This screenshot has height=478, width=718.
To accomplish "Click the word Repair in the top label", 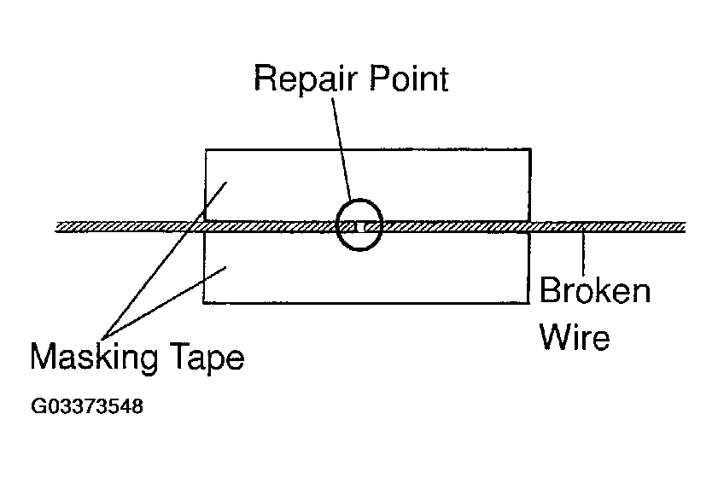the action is pyautogui.click(x=305, y=79).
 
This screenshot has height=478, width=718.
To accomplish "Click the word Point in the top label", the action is pyautogui.click(x=409, y=78).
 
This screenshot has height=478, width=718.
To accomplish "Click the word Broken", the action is pyautogui.click(x=595, y=290).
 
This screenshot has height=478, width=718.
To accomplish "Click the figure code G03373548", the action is pyautogui.click(x=87, y=406).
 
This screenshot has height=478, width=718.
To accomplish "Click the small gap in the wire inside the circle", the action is pyautogui.click(x=361, y=226).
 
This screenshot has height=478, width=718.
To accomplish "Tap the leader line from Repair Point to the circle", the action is pyautogui.click(x=341, y=149).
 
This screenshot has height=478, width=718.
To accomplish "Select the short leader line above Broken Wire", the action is pyautogui.click(x=583, y=254).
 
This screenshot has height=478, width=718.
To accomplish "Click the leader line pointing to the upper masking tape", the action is pyautogui.click(x=165, y=260).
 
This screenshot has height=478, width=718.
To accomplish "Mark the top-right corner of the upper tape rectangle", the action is pyautogui.click(x=531, y=149).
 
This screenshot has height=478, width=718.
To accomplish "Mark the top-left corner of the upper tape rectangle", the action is pyautogui.click(x=206, y=149).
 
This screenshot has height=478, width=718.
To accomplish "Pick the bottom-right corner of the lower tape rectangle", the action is pyautogui.click(x=528, y=303).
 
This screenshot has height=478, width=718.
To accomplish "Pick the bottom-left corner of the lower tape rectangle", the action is pyautogui.click(x=203, y=303).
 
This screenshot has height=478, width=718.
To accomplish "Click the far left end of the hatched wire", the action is pyautogui.click(x=55, y=227).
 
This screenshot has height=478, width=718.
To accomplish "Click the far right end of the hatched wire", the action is pyautogui.click(x=685, y=227).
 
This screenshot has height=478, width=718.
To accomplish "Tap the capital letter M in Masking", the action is pyautogui.click(x=42, y=355).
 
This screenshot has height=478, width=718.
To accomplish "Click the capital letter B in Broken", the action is pyautogui.click(x=550, y=290).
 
